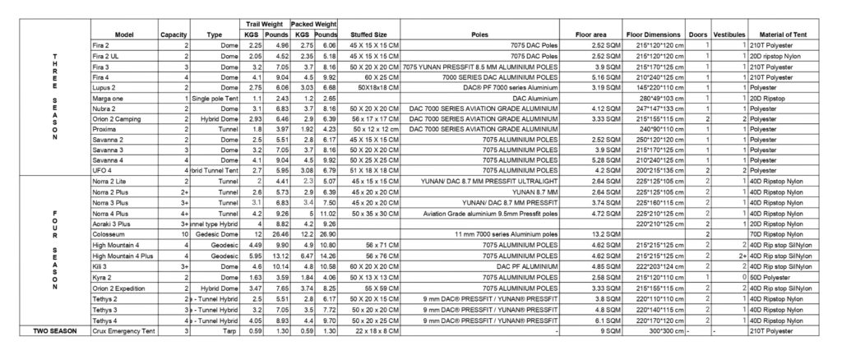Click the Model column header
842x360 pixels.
pos(124,35)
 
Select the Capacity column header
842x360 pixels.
pos(175,35)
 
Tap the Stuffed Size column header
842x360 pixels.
pos(363,35)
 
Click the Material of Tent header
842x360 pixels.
pos(789,35)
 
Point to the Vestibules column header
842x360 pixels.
pos(729,35)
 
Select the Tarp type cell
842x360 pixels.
pos(215,330)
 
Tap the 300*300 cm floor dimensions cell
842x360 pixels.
pos(655,330)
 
